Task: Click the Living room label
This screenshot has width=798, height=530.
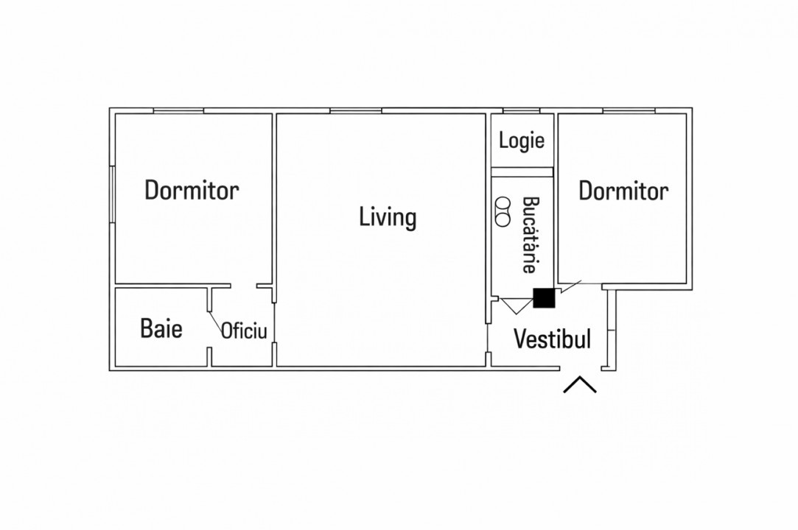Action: click(x=388, y=218)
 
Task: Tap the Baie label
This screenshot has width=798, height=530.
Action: click(x=161, y=328)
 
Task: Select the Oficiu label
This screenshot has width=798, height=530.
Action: click(x=243, y=331)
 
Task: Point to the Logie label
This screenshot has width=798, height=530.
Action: click(x=522, y=141)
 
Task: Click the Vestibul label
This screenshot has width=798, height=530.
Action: click(x=552, y=339)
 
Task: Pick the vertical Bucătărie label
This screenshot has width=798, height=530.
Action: click(x=529, y=235)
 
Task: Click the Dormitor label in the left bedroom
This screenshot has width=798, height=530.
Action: click(x=192, y=190)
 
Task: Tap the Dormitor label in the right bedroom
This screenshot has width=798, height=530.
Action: click(x=623, y=191)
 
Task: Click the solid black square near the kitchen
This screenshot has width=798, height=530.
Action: click(x=544, y=297)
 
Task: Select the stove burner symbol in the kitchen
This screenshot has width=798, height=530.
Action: click(x=503, y=211)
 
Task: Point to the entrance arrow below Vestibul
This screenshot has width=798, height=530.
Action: click(x=580, y=385)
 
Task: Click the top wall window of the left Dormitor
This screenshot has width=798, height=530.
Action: click(x=178, y=111)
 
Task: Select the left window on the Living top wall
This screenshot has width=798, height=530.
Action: click(x=355, y=111)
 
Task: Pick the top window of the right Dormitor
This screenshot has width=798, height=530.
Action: click(x=629, y=111)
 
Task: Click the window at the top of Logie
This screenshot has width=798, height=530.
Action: click(x=521, y=111)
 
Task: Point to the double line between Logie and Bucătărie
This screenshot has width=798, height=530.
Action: click(x=522, y=172)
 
